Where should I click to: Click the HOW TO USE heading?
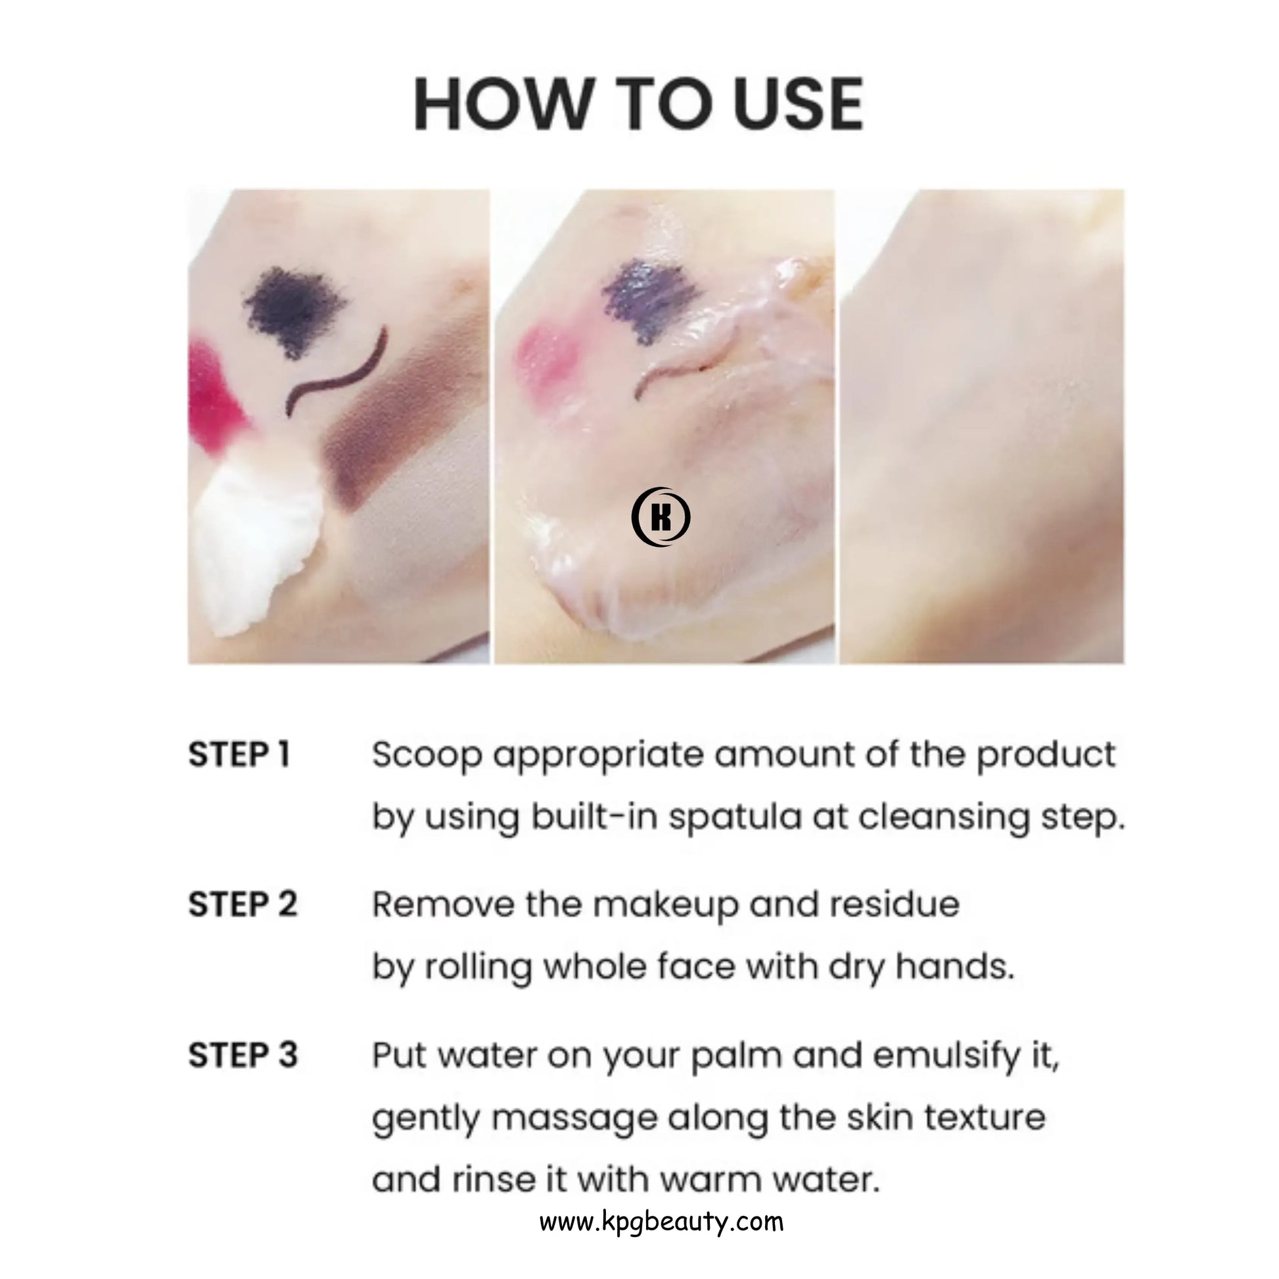(x=639, y=105)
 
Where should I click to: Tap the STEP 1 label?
(x=239, y=755)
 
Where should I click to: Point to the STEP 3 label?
(x=243, y=1056)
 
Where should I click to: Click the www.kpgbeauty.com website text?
(x=661, y=1221)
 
